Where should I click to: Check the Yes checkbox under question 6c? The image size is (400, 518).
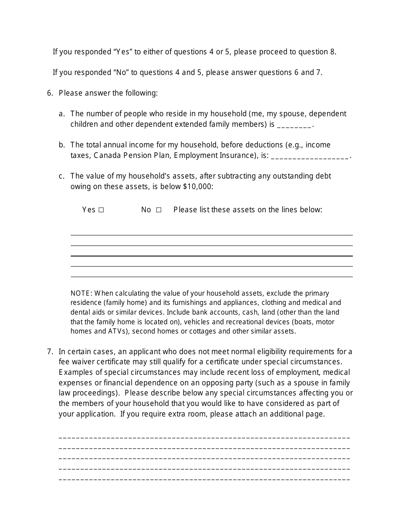pos(101,210)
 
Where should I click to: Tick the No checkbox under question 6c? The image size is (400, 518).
pos(159,210)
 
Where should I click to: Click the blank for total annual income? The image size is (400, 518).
pos(310,156)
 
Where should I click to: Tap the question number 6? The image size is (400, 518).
pos(50,93)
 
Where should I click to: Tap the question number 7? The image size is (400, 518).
pos(50,352)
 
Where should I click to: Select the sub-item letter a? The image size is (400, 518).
pos(61,114)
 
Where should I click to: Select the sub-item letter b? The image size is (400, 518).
pos(61,145)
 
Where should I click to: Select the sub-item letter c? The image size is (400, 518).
pos(61,176)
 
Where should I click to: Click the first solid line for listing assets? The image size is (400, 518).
pos(211,235)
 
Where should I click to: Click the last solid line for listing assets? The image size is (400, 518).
pos(211,277)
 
